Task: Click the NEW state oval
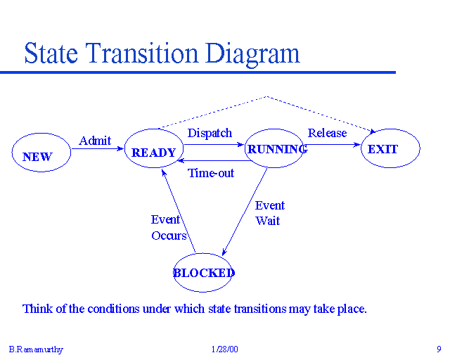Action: tap(41, 153)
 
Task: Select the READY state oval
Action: tap(154, 148)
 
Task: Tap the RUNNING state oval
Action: tap(274, 148)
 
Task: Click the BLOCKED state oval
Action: tap(203, 273)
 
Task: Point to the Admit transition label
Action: tap(95, 141)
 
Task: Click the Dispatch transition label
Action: tap(210, 133)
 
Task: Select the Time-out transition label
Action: tap(211, 173)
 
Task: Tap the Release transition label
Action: tap(328, 133)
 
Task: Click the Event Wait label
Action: tap(269, 213)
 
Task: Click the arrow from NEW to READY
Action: tap(98, 149)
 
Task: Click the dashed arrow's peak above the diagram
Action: tap(266, 96)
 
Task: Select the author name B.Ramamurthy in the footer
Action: tap(34, 349)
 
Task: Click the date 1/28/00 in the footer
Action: tap(224, 349)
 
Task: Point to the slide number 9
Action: tap(438, 349)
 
